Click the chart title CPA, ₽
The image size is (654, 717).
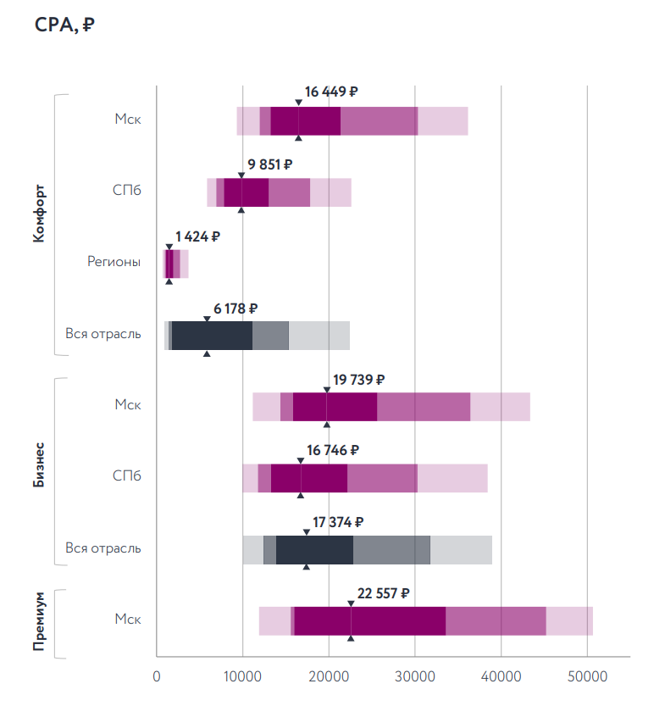pos(64,26)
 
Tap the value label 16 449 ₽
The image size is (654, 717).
pos(332,92)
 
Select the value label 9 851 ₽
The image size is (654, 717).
pos(270,164)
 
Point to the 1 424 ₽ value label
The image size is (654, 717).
pos(197,236)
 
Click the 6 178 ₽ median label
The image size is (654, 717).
pos(236,309)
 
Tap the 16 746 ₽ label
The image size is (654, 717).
pos(333,450)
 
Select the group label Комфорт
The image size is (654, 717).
pos(38,214)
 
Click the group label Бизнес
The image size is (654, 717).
pos(38,464)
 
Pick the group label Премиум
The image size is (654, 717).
pos(38,622)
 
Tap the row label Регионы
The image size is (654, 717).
pos(114,262)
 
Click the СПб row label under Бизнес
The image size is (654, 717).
pos(126,476)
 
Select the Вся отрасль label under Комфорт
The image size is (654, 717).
pos(103,334)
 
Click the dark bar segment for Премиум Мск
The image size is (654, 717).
pos(370,621)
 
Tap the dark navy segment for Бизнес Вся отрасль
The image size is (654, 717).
pos(314,549)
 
